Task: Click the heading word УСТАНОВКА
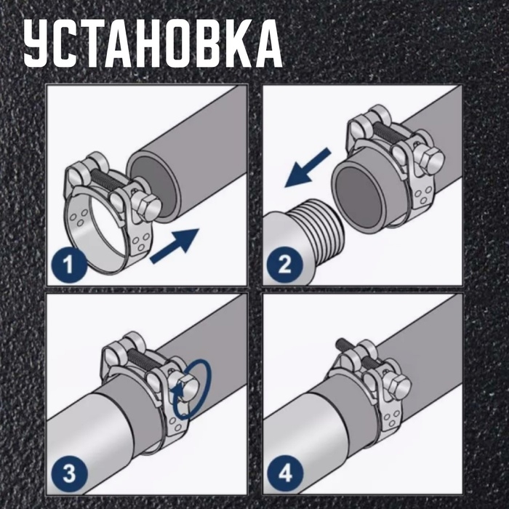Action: (152, 44)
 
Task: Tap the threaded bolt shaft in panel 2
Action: (390, 133)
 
